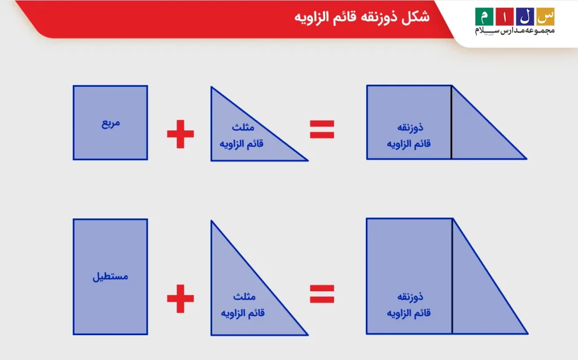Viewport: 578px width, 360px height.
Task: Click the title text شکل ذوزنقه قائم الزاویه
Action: tap(362, 17)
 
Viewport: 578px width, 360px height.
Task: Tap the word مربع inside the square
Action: tap(111, 122)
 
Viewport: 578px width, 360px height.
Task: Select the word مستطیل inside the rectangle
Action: tap(110, 277)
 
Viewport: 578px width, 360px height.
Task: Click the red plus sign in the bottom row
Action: tap(180, 298)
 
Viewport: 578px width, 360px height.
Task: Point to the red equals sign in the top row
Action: tap(322, 129)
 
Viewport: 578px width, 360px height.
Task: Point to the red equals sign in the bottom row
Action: tap(322, 293)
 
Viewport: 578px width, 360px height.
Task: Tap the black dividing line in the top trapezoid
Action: tap(452, 122)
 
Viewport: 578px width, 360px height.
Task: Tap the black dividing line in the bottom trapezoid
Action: tap(452, 275)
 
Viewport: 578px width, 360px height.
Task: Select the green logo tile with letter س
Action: tap(546, 16)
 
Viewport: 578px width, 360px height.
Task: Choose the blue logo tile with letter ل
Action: tap(525, 16)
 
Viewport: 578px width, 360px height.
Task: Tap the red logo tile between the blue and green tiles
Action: tap(504, 16)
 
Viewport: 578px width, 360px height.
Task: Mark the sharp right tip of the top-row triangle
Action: tap(306, 160)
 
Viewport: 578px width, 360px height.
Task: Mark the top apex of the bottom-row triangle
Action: tap(212, 221)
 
